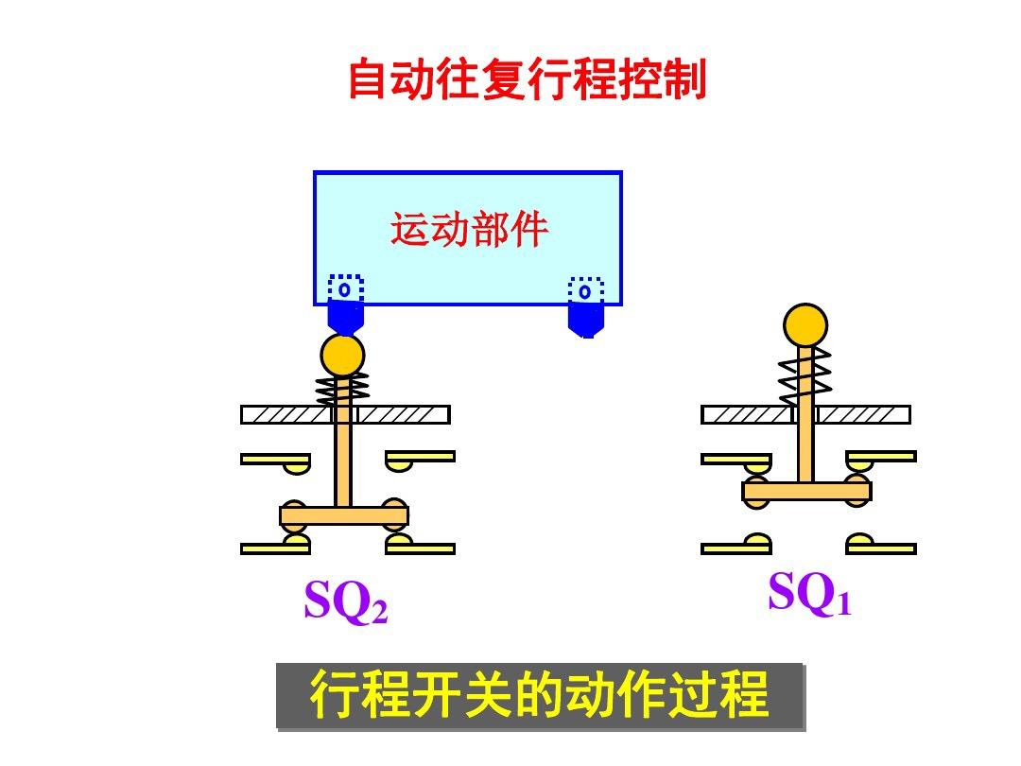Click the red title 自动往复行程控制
point(527,79)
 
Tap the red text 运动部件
point(469,230)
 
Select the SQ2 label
point(346,601)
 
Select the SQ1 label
point(809,594)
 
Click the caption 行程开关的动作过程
point(539,696)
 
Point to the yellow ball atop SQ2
point(342,355)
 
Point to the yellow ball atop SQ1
point(805,325)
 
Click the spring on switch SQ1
point(805,373)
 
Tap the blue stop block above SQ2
point(345,317)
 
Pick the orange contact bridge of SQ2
point(344,516)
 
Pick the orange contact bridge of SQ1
point(806,491)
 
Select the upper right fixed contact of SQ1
point(882,458)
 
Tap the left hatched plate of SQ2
point(286,414)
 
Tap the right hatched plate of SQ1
point(863,414)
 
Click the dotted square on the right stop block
point(585,289)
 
